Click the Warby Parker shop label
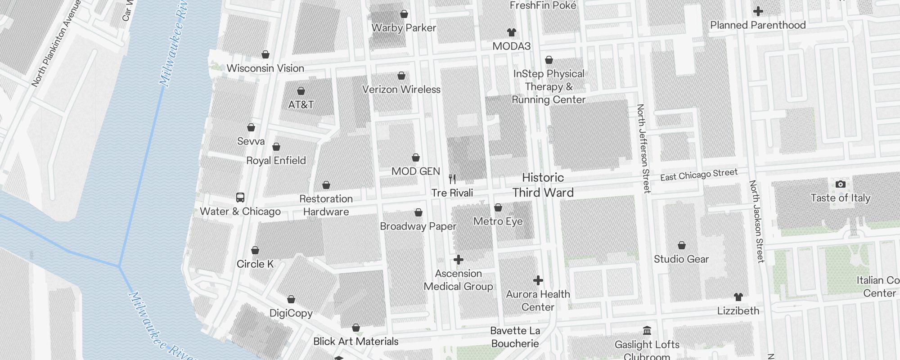(x=404, y=28)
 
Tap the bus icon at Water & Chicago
(x=240, y=198)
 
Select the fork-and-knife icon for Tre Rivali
(x=452, y=179)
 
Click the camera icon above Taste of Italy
(x=840, y=184)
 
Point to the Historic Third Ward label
(x=543, y=185)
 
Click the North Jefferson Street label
(x=643, y=148)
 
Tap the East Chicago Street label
(x=698, y=175)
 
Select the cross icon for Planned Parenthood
(x=758, y=11)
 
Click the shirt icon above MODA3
(x=511, y=32)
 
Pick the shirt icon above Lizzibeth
(x=738, y=297)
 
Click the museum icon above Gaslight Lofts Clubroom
(x=647, y=331)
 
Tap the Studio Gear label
(x=681, y=259)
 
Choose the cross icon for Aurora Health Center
(x=538, y=281)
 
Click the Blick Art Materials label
(x=355, y=342)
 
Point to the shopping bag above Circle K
(x=255, y=250)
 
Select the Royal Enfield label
(x=276, y=161)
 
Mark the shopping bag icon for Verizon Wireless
(x=401, y=76)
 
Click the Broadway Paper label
(x=418, y=226)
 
